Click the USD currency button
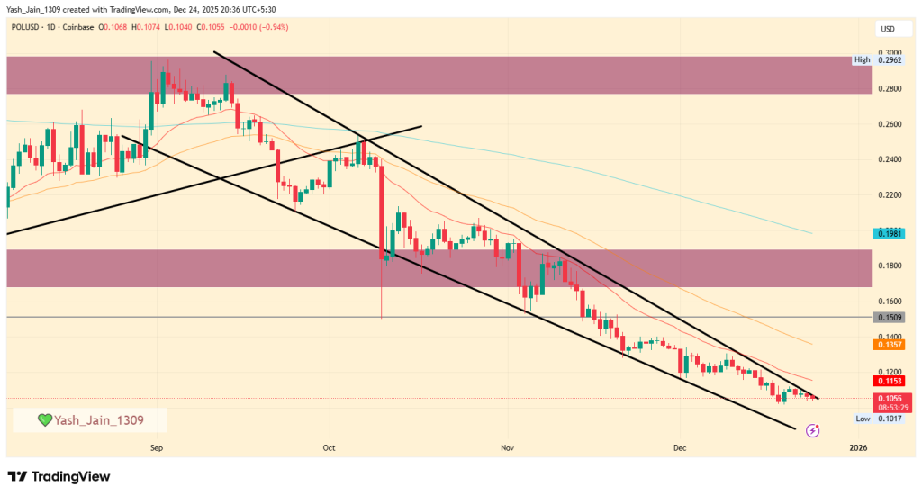887,30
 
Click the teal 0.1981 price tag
888,233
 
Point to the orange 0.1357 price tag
889,345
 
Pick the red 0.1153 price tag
889,381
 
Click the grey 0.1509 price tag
889,318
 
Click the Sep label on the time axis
156,446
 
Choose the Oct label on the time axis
329,446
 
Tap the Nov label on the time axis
507,446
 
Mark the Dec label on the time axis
680,446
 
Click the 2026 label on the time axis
858,446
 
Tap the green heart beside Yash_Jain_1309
43,420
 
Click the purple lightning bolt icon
813,431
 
